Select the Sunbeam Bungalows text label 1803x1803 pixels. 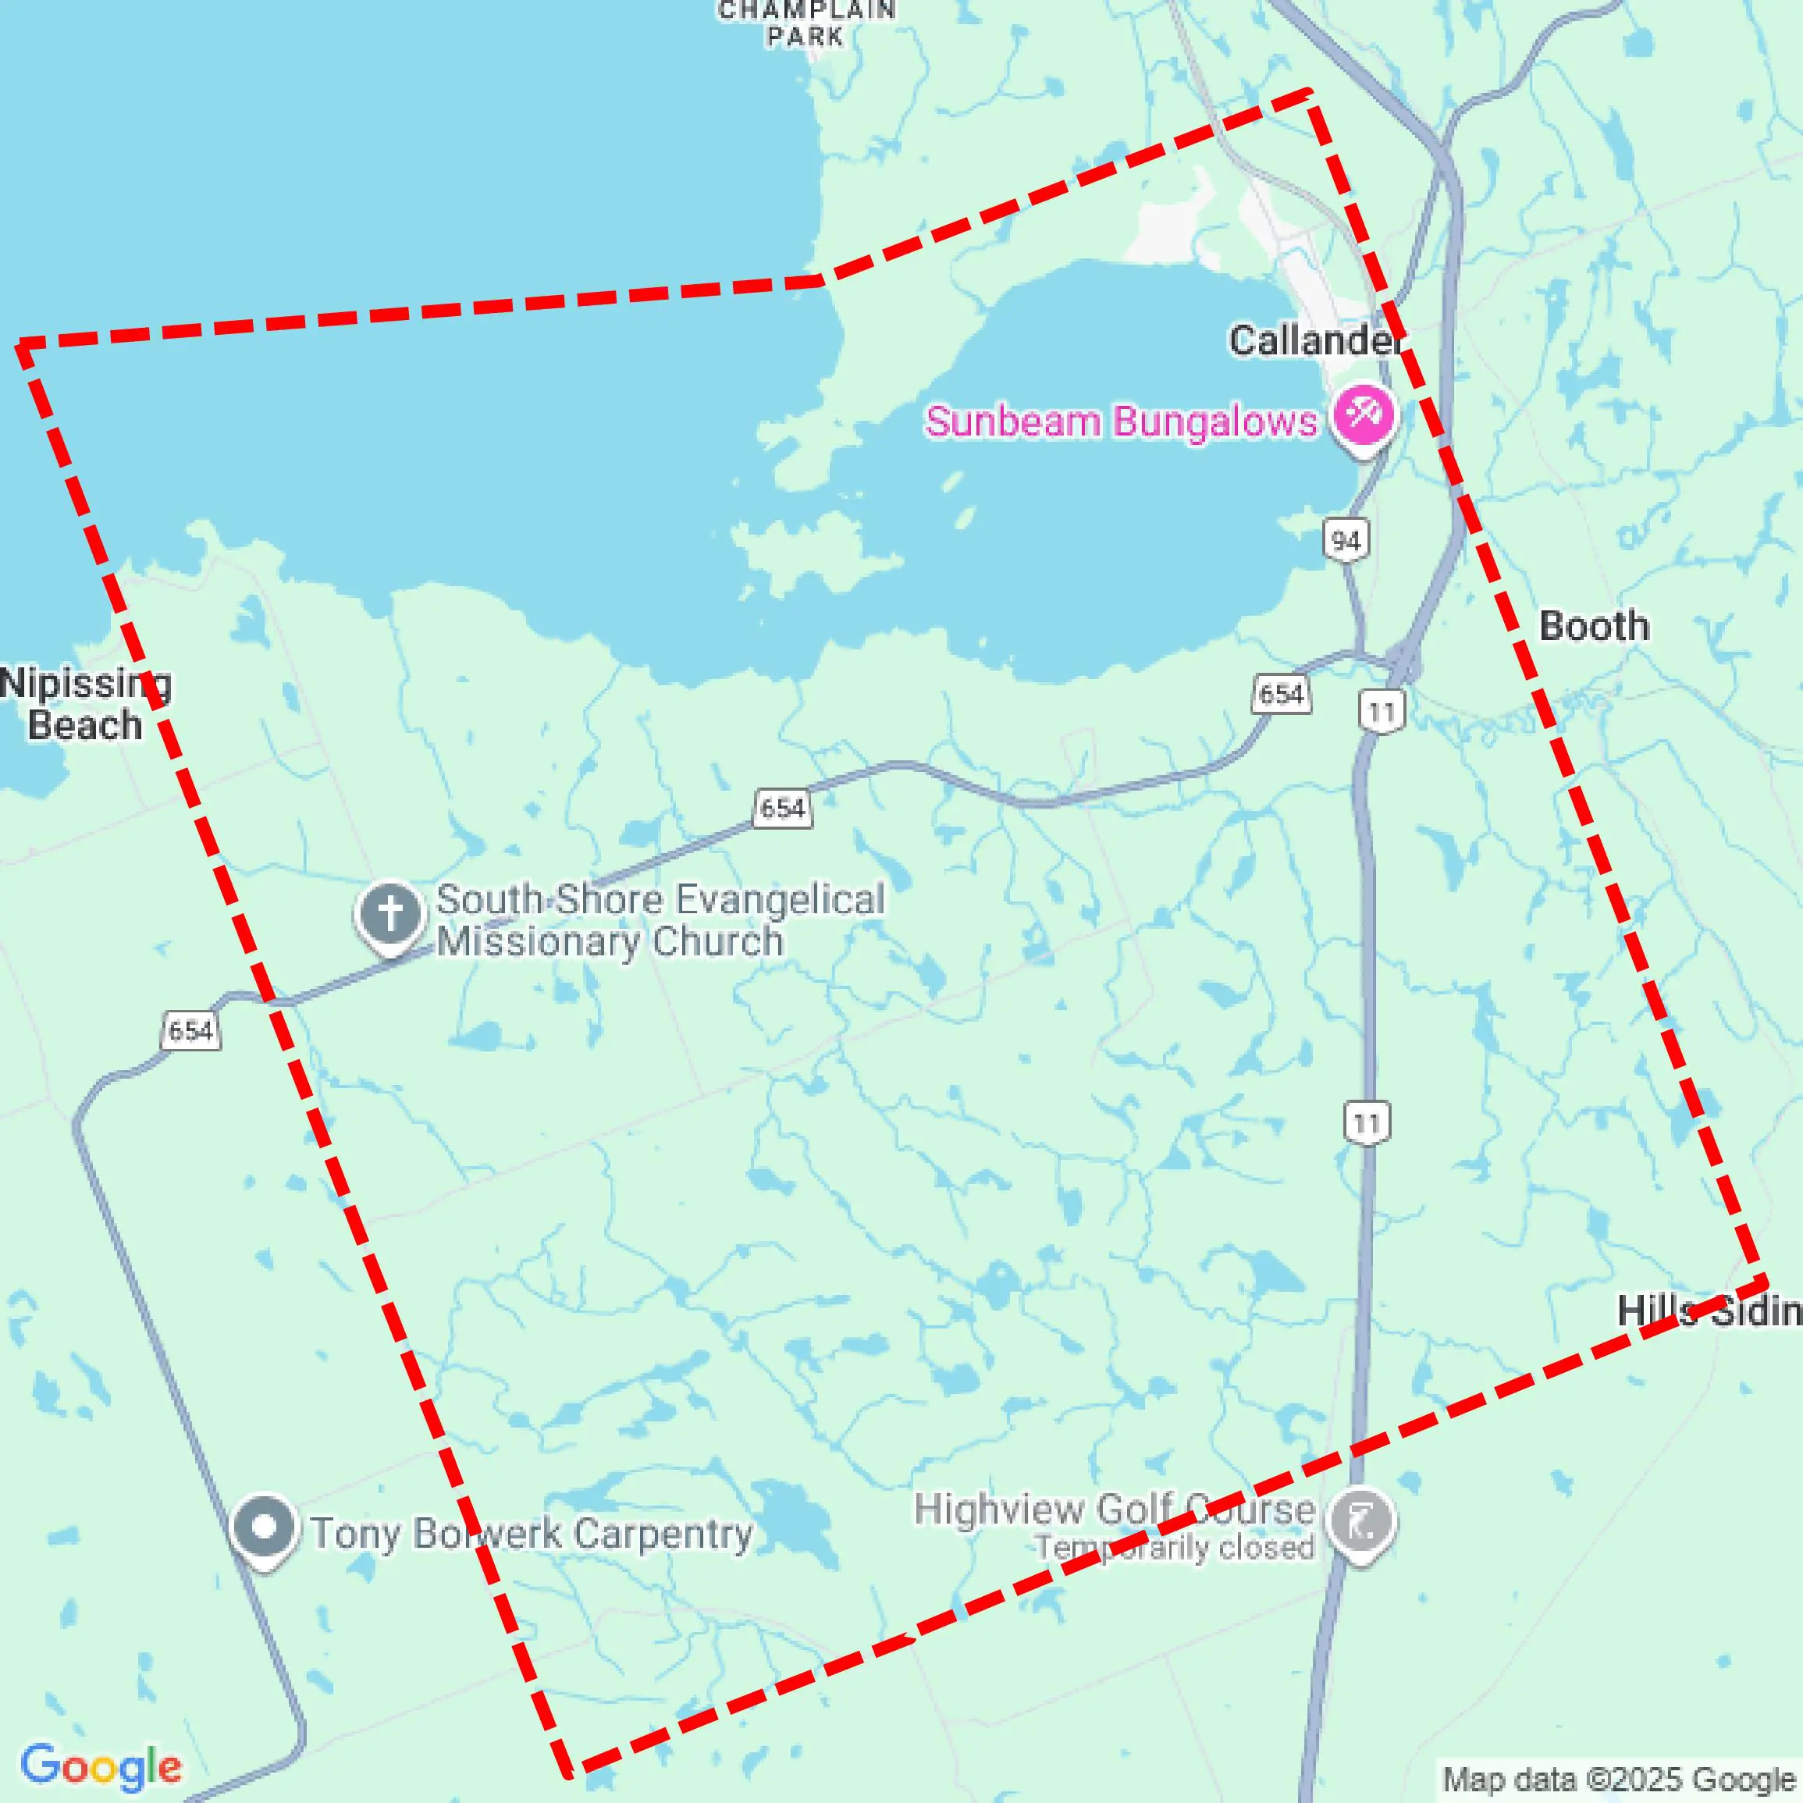click(1121, 421)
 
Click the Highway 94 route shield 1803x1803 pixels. click(1346, 540)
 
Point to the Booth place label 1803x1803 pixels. click(1594, 626)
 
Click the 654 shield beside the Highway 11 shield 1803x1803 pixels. click(1280, 693)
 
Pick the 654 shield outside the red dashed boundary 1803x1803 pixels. click(191, 1030)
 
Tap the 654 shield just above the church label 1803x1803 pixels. click(782, 807)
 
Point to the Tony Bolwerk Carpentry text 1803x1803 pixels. click(532, 1533)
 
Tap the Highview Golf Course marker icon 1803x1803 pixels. click(1361, 1521)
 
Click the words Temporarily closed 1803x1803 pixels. click(1174, 1549)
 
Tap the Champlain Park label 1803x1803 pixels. click(806, 24)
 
